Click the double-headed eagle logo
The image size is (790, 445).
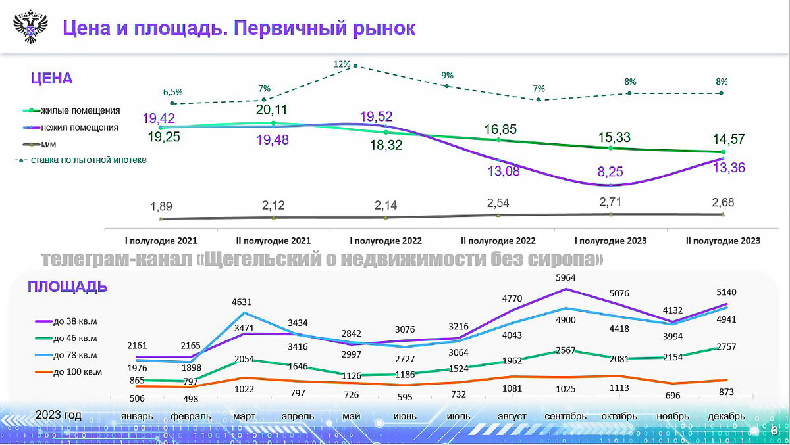pos(30,28)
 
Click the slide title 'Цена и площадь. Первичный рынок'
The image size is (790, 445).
pos(238,28)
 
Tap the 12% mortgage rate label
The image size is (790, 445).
pos(342,64)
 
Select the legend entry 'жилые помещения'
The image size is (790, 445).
pos(80,110)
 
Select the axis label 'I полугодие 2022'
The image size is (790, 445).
pos(385,241)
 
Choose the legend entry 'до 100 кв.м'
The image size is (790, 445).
pos(77,371)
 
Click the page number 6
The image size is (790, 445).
pos(774,431)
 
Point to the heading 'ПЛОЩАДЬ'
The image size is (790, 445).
pos(67,287)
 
